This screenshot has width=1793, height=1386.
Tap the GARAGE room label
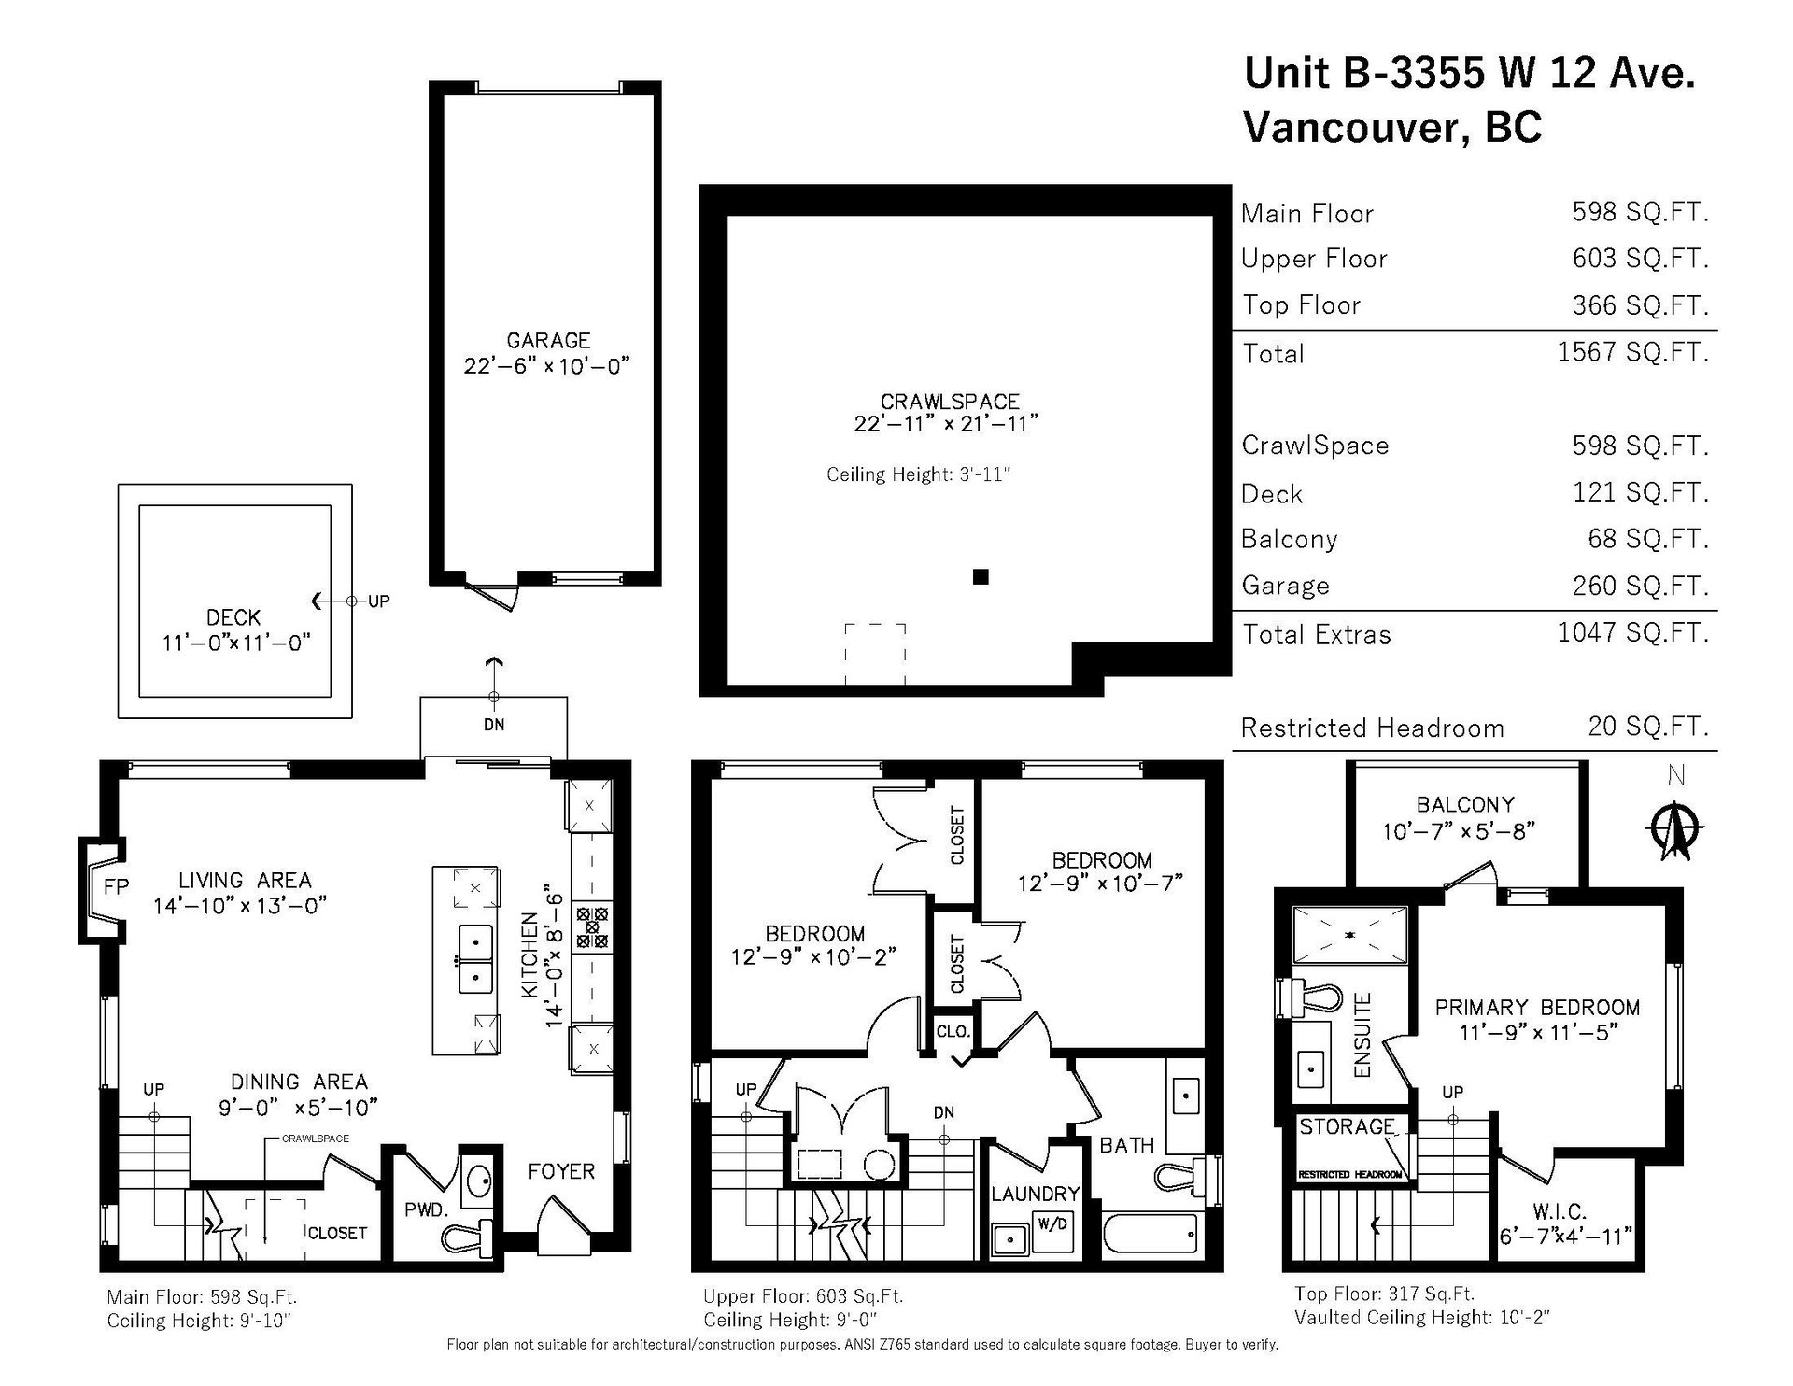548,340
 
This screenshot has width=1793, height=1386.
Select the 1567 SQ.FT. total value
1632,352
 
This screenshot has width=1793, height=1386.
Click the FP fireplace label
116,886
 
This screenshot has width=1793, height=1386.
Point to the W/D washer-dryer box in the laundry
1052,1223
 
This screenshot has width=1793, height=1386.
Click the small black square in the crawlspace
981,576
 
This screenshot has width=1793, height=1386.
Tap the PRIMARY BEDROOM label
1537,1008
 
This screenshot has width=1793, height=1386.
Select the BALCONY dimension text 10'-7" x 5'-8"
1460,830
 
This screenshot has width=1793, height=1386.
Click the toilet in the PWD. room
462,1234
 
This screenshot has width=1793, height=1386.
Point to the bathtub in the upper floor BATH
1150,1234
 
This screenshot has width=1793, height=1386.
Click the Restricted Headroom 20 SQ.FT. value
1648,726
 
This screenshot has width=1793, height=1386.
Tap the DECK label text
233,617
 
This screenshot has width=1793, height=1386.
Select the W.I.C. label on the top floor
1559,1211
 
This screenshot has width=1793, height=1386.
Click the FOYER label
561,1171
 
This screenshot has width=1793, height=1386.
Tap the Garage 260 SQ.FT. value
1641,586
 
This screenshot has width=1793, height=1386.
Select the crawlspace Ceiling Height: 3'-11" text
919,474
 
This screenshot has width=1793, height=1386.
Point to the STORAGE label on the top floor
1347,1127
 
